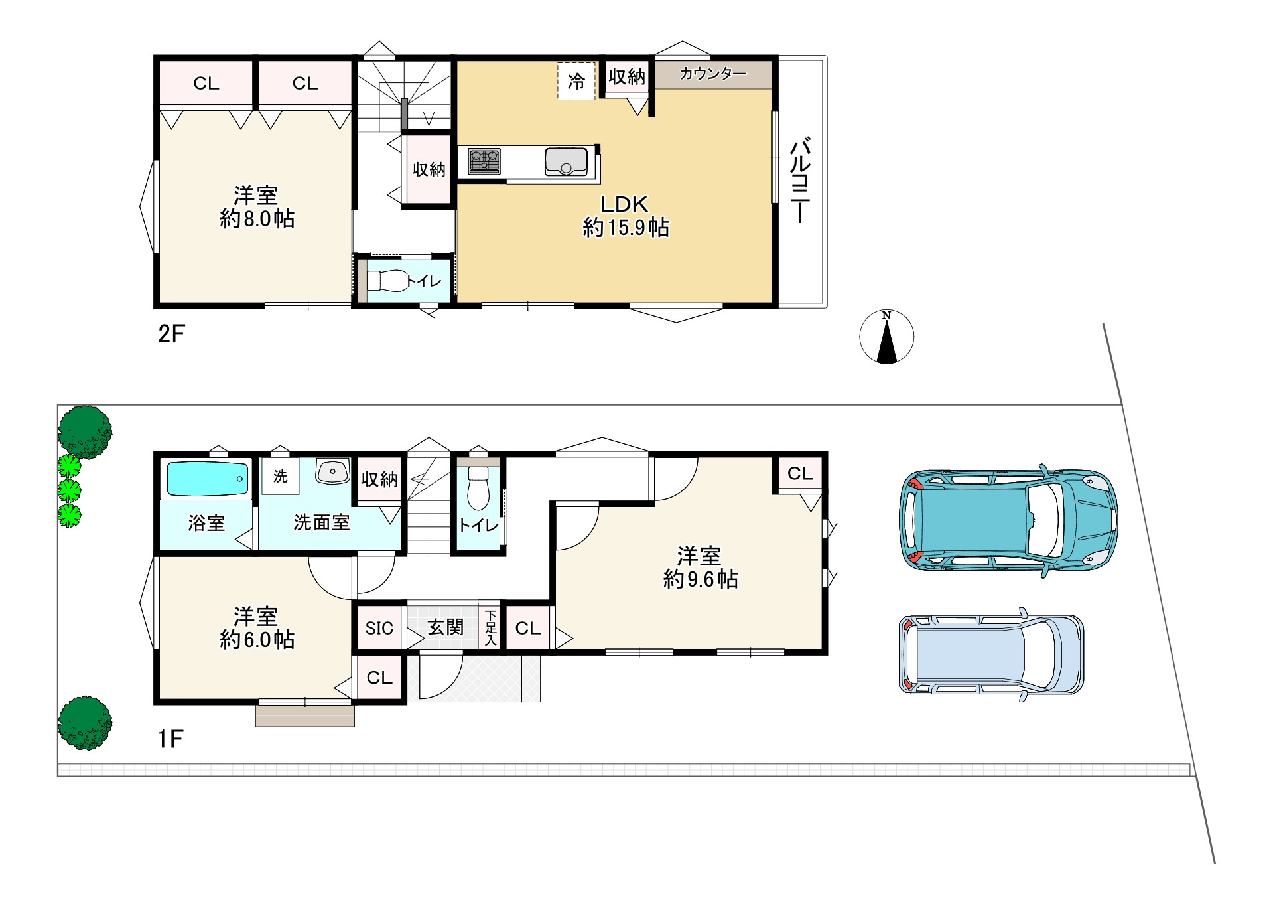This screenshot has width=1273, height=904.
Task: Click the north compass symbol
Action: coord(886,337)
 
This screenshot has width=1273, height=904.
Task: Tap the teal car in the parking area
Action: coord(1008,520)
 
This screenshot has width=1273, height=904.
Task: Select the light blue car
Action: coord(991,654)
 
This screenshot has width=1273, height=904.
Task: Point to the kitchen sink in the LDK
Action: coord(566,161)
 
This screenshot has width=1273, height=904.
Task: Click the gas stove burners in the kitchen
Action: coord(484,161)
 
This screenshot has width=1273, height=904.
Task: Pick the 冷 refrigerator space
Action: coord(576,81)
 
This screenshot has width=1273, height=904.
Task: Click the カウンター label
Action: coord(713,74)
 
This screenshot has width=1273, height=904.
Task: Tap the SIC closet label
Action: coord(379,628)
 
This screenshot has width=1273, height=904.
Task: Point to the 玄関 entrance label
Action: coord(445,627)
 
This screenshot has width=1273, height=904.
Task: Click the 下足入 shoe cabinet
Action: coord(490,628)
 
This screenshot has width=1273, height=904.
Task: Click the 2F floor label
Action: coord(171,333)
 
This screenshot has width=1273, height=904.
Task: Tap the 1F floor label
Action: coord(170,739)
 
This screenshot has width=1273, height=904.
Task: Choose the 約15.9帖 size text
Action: coord(626,228)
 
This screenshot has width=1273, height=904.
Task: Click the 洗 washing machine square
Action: coord(281,477)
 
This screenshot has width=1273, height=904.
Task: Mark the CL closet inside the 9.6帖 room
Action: coord(800,473)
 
